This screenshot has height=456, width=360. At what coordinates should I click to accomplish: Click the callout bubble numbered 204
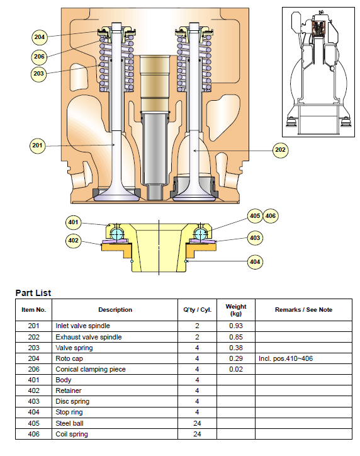click(x=39, y=37)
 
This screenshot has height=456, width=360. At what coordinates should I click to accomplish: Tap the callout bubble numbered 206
click(x=39, y=57)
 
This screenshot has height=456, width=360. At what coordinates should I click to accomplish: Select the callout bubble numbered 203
click(x=38, y=74)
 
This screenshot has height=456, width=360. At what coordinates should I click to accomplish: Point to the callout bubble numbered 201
click(x=38, y=145)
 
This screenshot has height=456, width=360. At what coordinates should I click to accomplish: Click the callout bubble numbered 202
click(x=281, y=150)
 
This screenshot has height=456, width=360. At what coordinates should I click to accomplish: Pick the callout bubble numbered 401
click(x=73, y=222)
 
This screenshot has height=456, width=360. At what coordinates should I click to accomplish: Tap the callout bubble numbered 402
click(x=73, y=241)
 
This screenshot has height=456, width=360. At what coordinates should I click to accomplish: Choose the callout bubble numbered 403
click(x=255, y=238)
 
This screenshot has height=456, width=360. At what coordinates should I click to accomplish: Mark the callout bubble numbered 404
click(x=255, y=262)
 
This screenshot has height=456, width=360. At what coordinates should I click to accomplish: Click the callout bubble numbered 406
click(x=271, y=216)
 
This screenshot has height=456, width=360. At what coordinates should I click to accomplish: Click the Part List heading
click(x=33, y=293)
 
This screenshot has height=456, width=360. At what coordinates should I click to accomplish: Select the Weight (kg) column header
click(x=236, y=310)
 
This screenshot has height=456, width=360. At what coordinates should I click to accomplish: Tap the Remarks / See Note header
click(x=303, y=310)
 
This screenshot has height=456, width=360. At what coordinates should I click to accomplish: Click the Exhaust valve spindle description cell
click(x=89, y=337)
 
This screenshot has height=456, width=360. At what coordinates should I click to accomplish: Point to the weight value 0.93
click(x=236, y=326)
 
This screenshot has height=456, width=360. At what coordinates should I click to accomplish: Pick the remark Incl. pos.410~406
click(x=286, y=358)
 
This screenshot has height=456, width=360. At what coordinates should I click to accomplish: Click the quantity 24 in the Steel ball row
click(x=197, y=423)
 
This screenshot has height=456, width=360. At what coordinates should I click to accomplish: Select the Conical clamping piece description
click(x=91, y=369)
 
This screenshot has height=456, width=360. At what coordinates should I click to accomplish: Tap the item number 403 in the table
click(x=34, y=402)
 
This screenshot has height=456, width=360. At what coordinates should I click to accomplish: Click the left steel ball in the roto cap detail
click(x=117, y=233)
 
